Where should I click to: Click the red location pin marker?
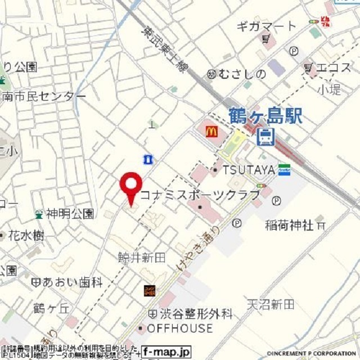pos(132,186)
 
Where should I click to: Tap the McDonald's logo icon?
pos(211,132)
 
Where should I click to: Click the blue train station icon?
pos(265,136)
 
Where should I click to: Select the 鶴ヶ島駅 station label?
pos(265,117)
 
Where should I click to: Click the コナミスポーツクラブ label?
pos(200,195)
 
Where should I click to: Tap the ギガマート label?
pos(265,26)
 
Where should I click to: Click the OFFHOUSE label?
pos(180,328)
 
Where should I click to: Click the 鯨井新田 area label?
pos(142,258)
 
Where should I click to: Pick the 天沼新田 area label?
pos(270,304)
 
